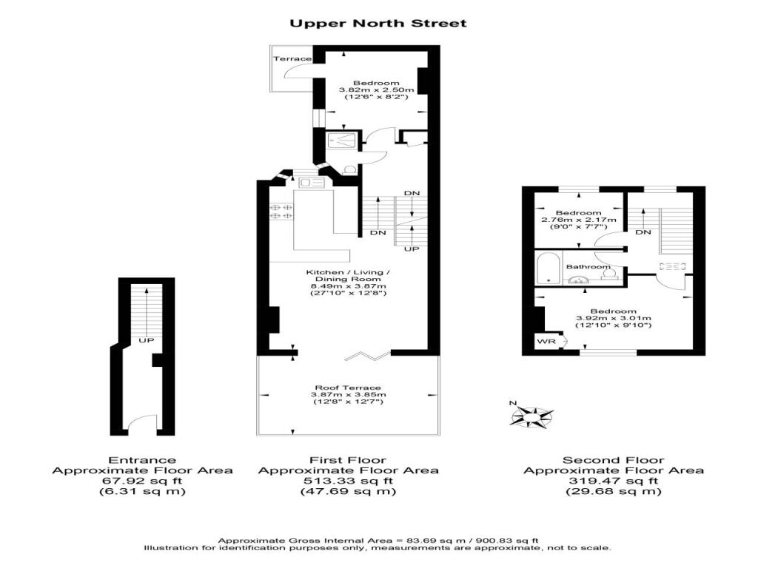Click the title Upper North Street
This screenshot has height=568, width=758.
click(x=378, y=23)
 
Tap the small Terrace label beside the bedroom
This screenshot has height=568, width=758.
click(x=292, y=59)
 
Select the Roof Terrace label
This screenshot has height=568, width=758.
click(x=348, y=388)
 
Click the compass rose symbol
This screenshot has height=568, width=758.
click(x=531, y=416)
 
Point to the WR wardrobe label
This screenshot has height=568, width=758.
click(x=547, y=342)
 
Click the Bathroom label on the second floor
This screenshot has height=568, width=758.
click(x=588, y=266)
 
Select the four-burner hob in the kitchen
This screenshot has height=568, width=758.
click(x=281, y=211)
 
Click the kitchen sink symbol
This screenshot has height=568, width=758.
click(x=312, y=183)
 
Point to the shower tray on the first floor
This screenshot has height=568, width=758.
click(x=342, y=141)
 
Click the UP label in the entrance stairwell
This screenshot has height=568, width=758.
click(x=146, y=340)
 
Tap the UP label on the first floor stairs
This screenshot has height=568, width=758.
click(x=412, y=248)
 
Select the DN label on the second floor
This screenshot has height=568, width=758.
click(x=643, y=232)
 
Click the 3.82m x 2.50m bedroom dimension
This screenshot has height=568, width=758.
click(x=377, y=89)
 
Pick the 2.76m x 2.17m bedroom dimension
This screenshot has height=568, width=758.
click(x=579, y=220)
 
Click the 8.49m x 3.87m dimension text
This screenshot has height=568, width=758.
click(x=348, y=286)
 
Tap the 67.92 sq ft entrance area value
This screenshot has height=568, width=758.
click(x=142, y=481)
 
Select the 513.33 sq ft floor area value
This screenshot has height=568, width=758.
click(x=348, y=481)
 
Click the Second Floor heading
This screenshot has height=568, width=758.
click(x=614, y=460)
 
